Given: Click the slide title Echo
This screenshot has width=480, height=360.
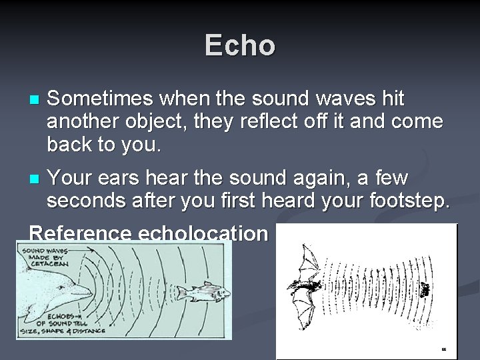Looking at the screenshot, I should [x=239, y=46].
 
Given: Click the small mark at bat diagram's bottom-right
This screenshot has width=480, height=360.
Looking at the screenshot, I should [x=443, y=349].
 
